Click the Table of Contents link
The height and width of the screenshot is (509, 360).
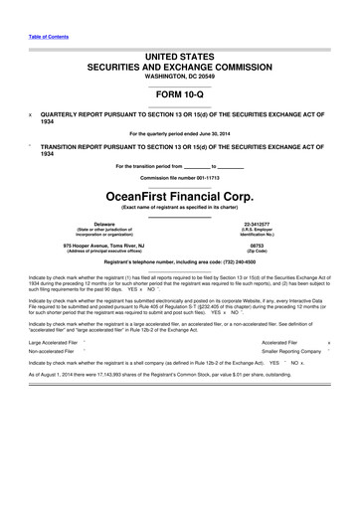(x=48, y=35)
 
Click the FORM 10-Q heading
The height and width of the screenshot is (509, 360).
(x=179, y=95)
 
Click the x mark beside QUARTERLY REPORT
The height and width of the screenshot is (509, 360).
(x=30, y=114)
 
